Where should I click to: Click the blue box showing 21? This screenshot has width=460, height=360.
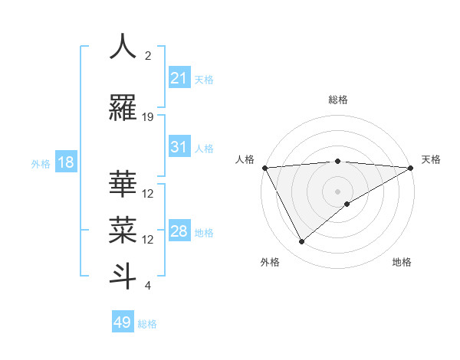pyautogui.click(x=179, y=79)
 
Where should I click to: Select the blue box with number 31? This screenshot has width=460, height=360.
pyautogui.click(x=179, y=148)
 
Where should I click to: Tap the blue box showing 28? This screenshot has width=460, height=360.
pyautogui.click(x=179, y=231)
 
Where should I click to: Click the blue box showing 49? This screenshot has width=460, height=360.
pyautogui.click(x=123, y=322)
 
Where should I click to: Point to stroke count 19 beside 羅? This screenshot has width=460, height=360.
pyautogui.click(x=148, y=117)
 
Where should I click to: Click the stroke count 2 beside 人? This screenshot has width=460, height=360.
pyautogui.click(x=148, y=56)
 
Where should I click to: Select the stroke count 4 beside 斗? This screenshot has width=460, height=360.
pyautogui.click(x=148, y=286)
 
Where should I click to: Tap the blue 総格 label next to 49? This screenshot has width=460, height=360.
pyautogui.click(x=147, y=324)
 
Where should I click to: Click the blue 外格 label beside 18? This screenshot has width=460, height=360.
pyautogui.click(x=41, y=164)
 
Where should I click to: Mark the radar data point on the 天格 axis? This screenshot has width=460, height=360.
pyautogui.click(x=410, y=167)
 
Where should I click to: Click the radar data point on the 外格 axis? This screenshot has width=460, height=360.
pyautogui.click(x=301, y=241)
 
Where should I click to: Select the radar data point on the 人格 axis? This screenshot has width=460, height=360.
pyautogui.click(x=264, y=167)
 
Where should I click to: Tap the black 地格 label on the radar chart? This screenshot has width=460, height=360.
pyautogui.click(x=402, y=262)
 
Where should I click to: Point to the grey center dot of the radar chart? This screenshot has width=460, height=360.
pyautogui.click(x=337, y=191)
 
